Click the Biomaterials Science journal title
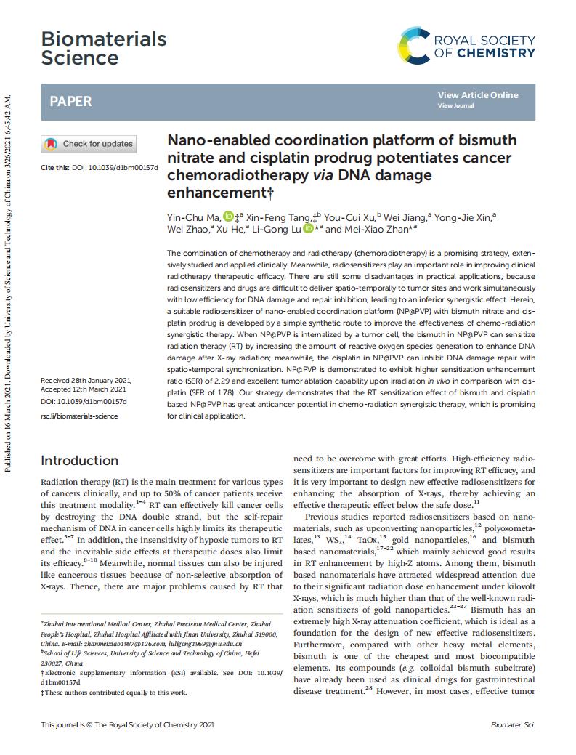point(103,48)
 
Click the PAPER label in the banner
point(70,102)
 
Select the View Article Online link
point(477,95)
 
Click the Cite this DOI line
point(99,168)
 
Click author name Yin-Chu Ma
point(193,216)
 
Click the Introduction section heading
point(79,461)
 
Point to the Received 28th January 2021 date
point(86,381)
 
